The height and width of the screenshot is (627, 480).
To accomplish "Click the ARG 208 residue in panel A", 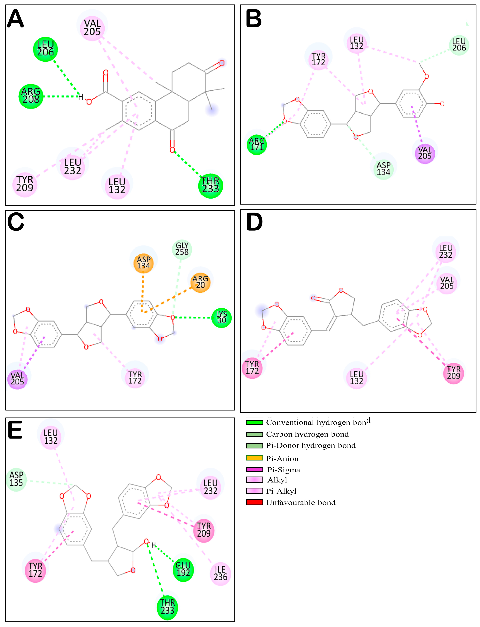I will tap(31, 96).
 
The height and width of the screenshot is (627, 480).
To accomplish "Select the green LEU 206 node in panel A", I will tap(45, 49).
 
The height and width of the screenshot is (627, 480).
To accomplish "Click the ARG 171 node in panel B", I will tap(257, 144).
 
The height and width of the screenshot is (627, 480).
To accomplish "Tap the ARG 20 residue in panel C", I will tap(200, 282).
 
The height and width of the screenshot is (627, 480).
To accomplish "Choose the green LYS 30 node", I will tap(221, 318).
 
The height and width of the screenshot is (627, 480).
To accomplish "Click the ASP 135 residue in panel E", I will tap(16, 479).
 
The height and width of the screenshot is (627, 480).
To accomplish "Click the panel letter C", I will tap(16, 222).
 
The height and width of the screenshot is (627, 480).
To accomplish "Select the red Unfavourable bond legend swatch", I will tap(254, 502).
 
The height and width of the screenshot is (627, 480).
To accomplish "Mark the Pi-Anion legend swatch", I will tap(254, 458).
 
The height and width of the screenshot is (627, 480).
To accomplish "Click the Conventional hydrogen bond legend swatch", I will tap(254, 422).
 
